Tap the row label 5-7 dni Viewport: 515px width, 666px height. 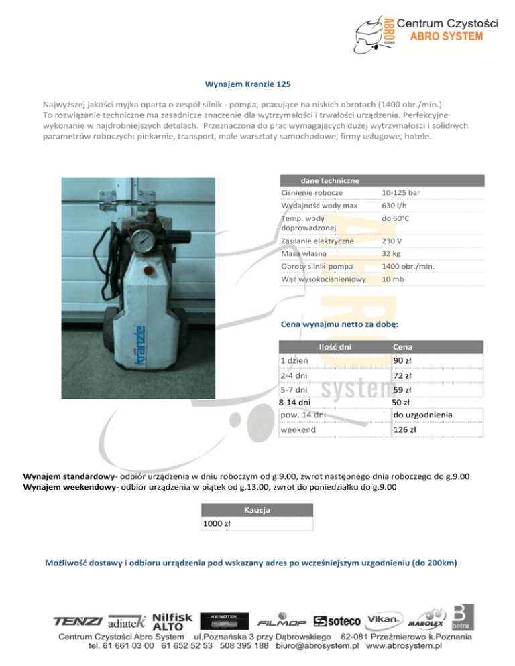(294, 389)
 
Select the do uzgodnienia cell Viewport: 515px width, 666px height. (422, 415)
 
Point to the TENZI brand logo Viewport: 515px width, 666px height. (79, 622)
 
